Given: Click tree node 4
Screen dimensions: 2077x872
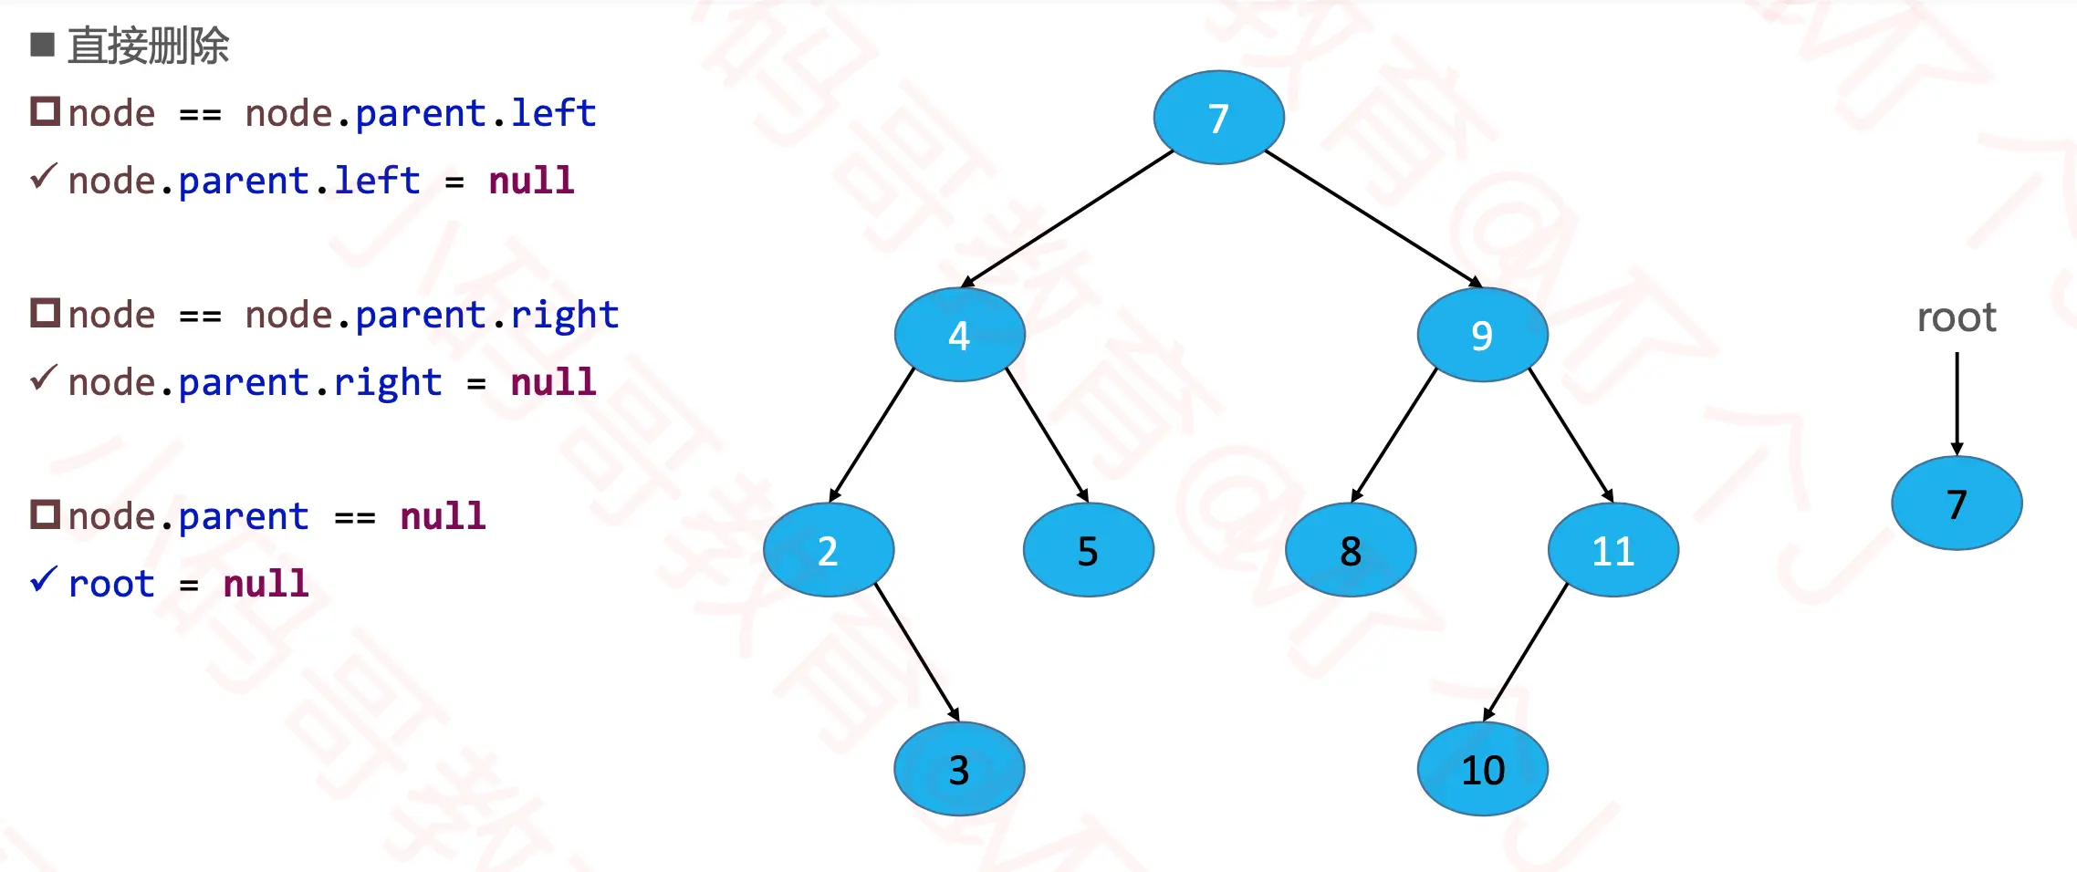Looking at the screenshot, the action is [959, 335].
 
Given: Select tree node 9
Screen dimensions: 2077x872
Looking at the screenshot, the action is [1482, 335].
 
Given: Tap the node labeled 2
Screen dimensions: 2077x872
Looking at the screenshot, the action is [828, 550].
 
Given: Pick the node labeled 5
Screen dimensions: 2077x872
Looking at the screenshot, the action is [1088, 550].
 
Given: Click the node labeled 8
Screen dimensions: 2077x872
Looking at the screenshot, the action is [1351, 550].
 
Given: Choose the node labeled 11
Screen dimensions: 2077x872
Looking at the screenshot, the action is [1613, 550].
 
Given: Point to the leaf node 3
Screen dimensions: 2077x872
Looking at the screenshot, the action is [959, 769].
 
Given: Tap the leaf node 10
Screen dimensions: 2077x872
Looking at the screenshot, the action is [1482, 769].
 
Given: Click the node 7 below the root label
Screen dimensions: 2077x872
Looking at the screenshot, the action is [1957, 503].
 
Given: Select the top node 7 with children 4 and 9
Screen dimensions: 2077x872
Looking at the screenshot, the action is [1218, 118].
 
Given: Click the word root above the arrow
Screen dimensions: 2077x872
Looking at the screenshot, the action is [1957, 317].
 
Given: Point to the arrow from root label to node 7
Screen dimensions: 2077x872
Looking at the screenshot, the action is [1957, 401].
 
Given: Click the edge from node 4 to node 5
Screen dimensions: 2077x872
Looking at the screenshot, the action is [1047, 434].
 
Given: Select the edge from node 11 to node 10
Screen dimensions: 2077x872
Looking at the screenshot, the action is [1526, 651].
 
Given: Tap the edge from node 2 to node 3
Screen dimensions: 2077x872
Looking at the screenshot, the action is [916, 651].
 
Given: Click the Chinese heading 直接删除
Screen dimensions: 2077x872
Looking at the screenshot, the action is [149, 46].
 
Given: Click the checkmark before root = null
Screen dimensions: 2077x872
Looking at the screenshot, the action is [43, 579].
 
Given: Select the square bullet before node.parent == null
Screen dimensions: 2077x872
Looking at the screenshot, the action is [45, 514].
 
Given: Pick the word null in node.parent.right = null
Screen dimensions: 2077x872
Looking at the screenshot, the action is [553, 382].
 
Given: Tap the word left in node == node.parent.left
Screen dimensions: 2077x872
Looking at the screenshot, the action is [553, 113].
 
